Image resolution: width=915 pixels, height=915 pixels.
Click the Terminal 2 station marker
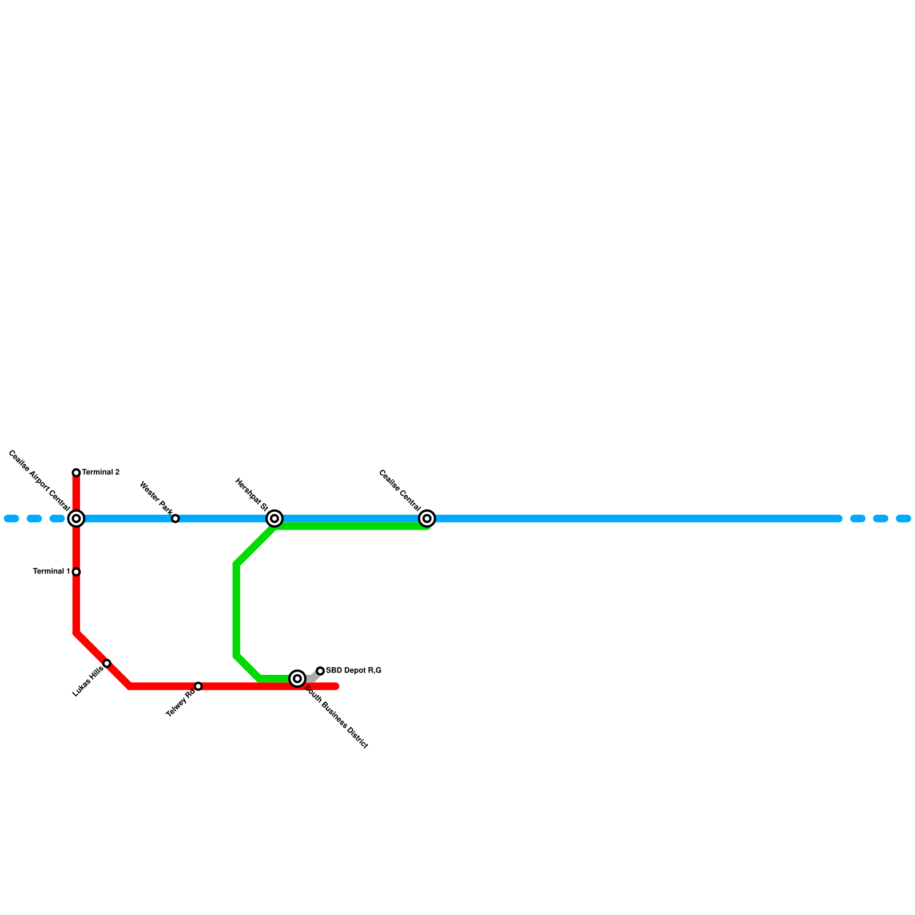(76, 472)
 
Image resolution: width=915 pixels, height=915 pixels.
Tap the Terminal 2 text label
(101, 472)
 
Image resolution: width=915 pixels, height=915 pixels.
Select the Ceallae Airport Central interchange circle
(76, 519)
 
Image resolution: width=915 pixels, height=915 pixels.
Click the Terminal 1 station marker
(76, 572)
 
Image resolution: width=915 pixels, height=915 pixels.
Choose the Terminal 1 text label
(51, 571)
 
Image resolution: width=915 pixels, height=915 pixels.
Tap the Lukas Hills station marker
(107, 663)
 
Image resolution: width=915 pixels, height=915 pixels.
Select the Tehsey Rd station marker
(198, 686)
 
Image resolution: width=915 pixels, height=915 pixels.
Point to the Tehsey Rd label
(181, 703)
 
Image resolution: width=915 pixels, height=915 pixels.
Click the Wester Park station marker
(176, 519)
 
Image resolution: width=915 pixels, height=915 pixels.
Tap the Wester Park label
(156, 498)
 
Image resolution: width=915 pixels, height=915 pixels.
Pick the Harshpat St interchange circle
(274, 519)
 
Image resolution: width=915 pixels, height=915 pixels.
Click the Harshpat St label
(252, 495)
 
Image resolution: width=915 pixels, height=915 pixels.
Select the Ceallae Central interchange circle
(427, 519)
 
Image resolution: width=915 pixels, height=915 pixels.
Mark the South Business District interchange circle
(297, 679)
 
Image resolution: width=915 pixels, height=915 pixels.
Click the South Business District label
(336, 717)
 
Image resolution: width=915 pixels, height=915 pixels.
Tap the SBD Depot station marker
(320, 671)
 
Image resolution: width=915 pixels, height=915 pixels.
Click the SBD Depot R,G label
(353, 671)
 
